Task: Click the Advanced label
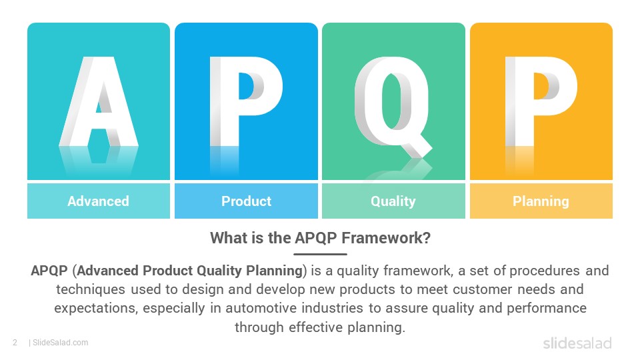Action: tap(99, 201)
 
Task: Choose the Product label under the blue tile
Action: tap(246, 201)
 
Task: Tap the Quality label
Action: tap(393, 201)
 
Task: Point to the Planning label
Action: tap(541, 201)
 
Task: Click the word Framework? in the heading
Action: tap(386, 238)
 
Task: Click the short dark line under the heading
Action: tap(320, 254)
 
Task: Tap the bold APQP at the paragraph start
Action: tap(49, 271)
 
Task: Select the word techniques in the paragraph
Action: tap(91, 289)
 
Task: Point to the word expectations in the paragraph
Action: tap(96, 308)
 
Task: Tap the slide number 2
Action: tap(15, 343)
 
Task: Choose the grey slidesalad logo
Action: tap(577, 343)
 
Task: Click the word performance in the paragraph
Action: tap(547, 308)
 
